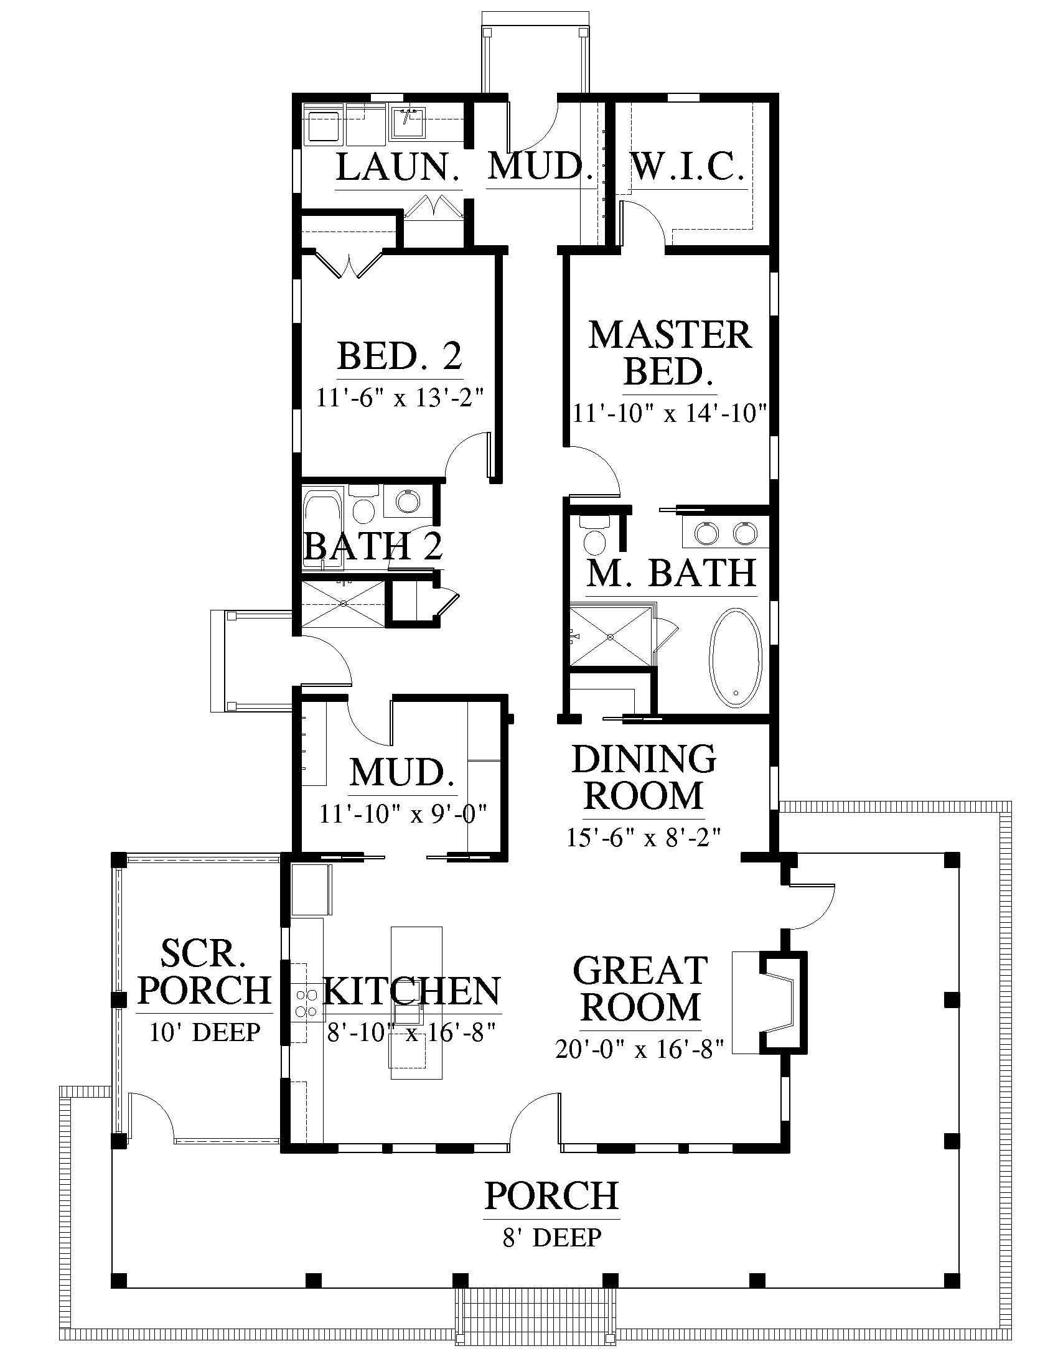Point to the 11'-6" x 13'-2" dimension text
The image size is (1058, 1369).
tap(401, 398)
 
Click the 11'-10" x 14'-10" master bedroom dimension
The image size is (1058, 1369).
tap(670, 414)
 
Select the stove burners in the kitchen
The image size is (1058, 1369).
tap(306, 1003)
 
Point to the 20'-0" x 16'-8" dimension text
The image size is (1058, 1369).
tap(640, 1049)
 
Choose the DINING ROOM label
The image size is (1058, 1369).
tap(644, 777)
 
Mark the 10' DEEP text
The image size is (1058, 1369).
tap(204, 1032)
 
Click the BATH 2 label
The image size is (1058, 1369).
tap(373, 546)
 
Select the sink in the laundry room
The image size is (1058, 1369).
tap(409, 123)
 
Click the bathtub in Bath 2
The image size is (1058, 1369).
tap(323, 528)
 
